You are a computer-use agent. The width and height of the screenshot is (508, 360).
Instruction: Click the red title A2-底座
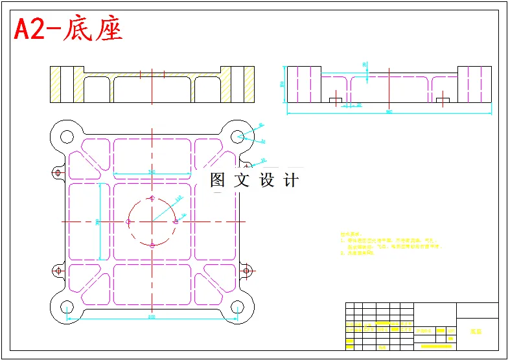(68, 29)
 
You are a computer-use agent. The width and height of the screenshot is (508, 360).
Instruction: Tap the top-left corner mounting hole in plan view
(66, 136)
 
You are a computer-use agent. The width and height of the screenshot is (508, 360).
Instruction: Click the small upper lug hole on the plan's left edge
(58, 173)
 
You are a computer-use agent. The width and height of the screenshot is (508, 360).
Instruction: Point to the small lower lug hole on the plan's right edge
(246, 271)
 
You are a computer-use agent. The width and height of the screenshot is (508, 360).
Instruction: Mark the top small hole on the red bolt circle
(152, 198)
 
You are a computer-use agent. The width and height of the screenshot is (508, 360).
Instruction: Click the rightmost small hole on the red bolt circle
(176, 221)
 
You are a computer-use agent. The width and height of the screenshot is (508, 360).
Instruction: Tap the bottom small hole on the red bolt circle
(152, 245)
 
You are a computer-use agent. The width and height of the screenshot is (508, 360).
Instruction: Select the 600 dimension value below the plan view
(151, 317)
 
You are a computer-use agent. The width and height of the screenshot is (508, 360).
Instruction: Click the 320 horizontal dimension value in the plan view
(151, 172)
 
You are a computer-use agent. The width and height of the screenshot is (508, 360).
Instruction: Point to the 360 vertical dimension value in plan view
(97, 221)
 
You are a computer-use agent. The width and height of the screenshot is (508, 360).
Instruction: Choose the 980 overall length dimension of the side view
(389, 112)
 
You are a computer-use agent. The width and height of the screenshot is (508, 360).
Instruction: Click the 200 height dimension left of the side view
(282, 84)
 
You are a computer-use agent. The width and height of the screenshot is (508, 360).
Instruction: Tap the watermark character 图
(217, 180)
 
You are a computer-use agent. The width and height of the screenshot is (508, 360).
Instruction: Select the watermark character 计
(292, 180)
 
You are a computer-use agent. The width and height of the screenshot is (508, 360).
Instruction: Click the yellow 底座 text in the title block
(476, 331)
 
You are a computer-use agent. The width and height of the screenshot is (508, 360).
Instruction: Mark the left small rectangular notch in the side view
(335, 100)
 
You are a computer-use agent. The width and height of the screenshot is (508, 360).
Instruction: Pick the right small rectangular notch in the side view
(443, 100)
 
